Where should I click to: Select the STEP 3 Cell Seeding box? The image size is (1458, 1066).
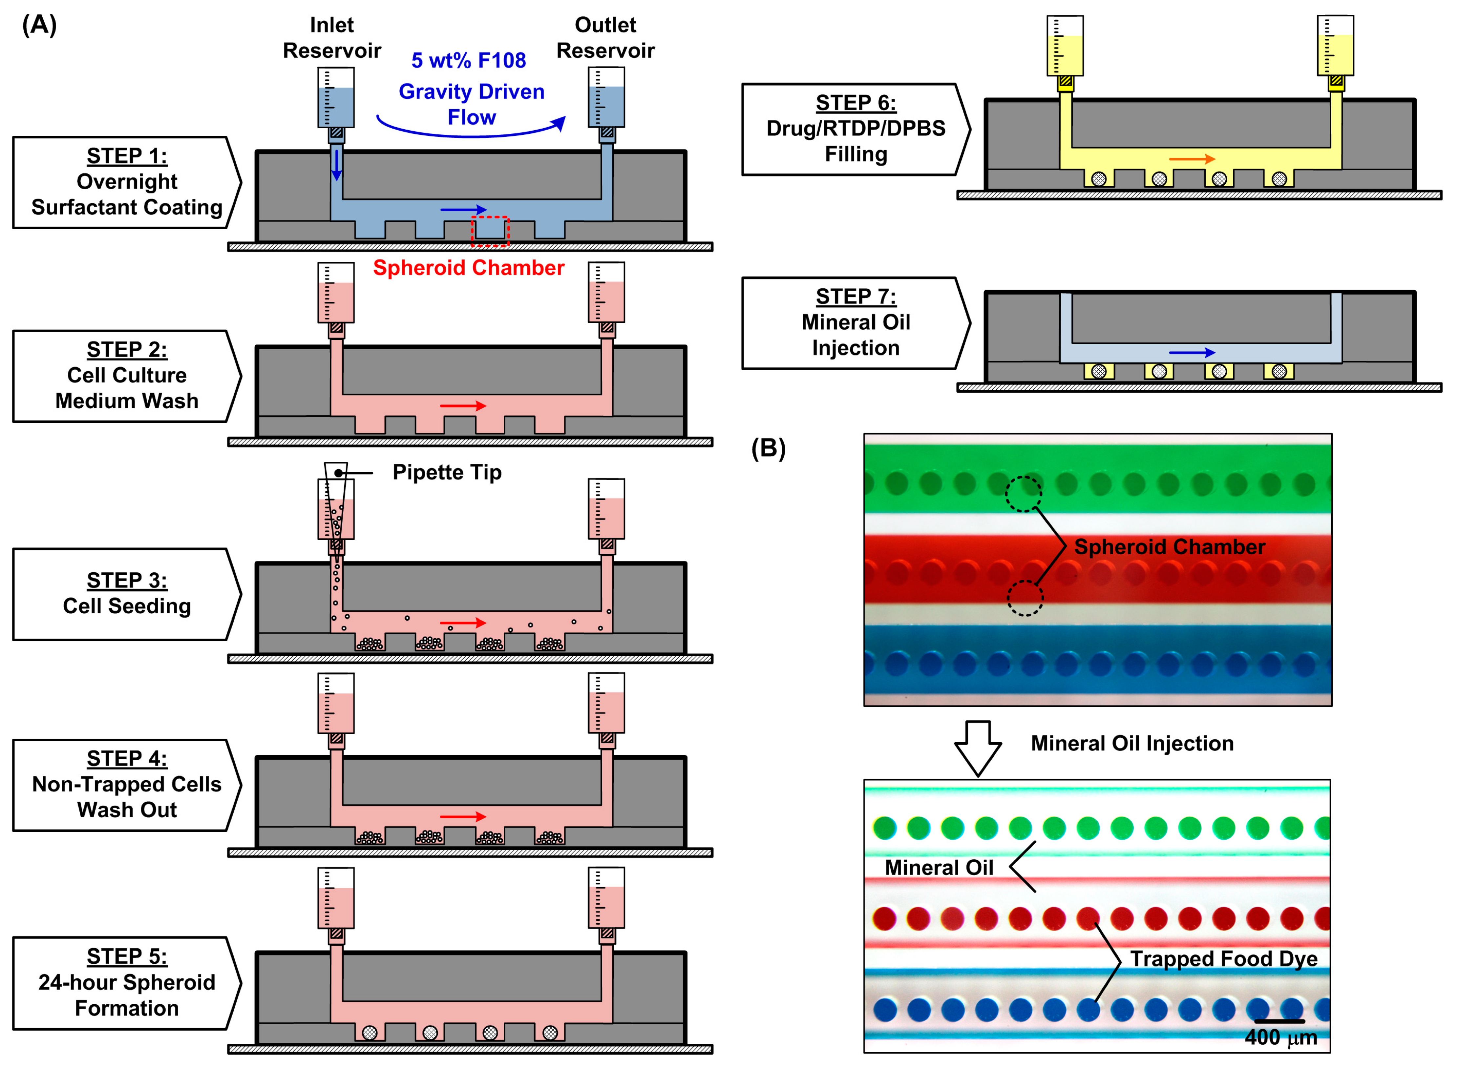(126, 594)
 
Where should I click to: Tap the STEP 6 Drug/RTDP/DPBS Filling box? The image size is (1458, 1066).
(855, 129)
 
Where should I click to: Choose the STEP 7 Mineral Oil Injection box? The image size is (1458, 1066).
(855, 323)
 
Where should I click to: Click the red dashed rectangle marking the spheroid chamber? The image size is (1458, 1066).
(490, 231)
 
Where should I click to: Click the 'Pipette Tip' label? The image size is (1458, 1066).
(447, 472)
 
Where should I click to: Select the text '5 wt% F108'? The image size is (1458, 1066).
(469, 61)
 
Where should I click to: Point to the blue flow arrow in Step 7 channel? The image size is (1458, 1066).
(1192, 352)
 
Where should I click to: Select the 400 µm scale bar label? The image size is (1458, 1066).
(1280, 1037)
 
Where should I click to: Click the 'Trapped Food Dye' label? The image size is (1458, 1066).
(1223, 959)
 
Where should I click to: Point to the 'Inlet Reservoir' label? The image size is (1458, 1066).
(332, 37)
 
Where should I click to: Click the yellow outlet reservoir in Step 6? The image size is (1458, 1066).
(1335, 49)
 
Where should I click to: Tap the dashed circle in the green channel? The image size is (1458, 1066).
(1023, 494)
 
